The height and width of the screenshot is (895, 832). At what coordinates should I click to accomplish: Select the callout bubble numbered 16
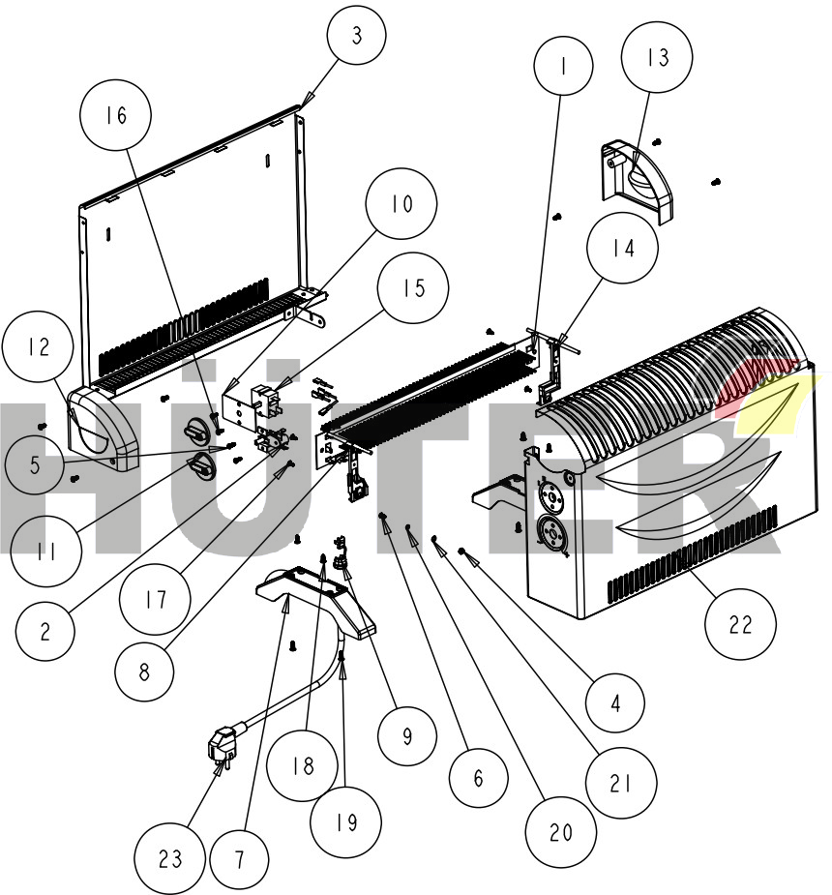coord(116,115)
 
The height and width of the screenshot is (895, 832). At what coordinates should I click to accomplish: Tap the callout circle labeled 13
coord(658,57)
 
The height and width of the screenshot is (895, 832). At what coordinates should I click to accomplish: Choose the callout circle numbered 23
coord(170,859)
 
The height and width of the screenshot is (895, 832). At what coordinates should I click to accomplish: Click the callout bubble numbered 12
coord(37,349)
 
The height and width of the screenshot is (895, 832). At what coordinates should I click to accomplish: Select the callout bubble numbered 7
coord(240,859)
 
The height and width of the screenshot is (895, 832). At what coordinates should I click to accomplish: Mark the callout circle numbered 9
coord(407,736)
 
